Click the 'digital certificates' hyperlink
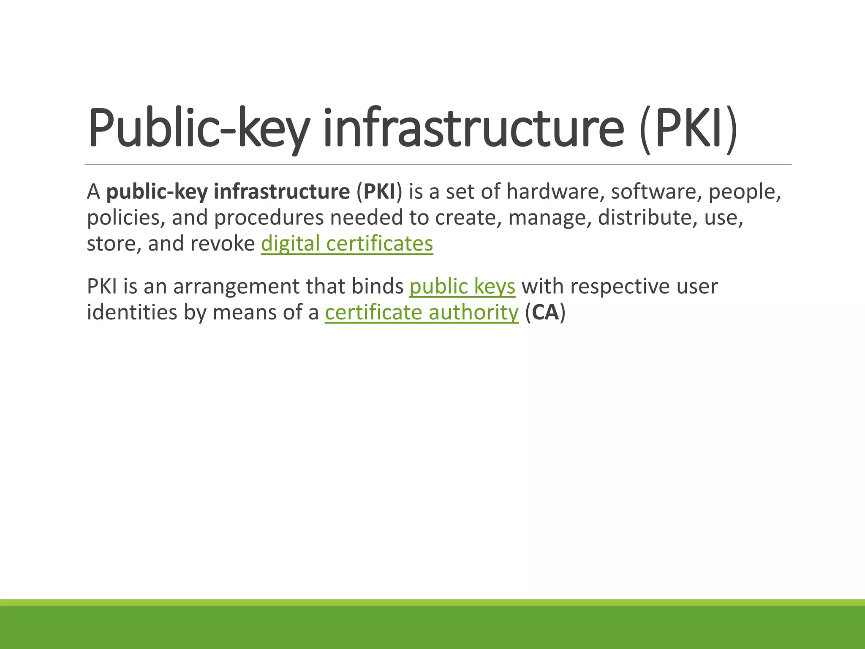point(347,244)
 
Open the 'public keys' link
point(462,286)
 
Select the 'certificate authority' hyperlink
point(422,313)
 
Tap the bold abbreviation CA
point(545,313)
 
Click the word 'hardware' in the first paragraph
point(553,192)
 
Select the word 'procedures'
point(269,218)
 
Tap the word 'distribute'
point(645,218)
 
